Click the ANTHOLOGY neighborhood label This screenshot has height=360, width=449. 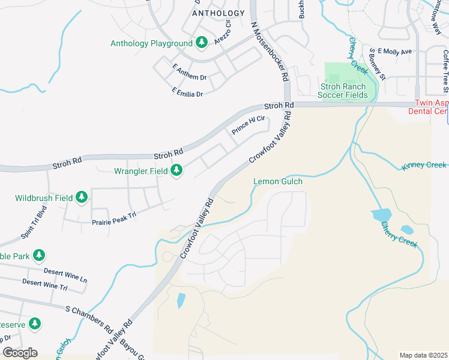[x=218, y=13]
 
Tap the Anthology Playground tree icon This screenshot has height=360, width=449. [x=202, y=43]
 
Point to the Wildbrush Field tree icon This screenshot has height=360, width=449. [x=81, y=197]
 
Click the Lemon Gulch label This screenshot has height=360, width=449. [x=278, y=181]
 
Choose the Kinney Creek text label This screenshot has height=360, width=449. [x=424, y=165]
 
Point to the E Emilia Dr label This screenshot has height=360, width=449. [x=187, y=93]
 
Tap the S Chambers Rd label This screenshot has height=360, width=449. [x=89, y=319]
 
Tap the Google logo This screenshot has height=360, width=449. [x=20, y=353]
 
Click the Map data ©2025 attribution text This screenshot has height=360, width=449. [x=423, y=355]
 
